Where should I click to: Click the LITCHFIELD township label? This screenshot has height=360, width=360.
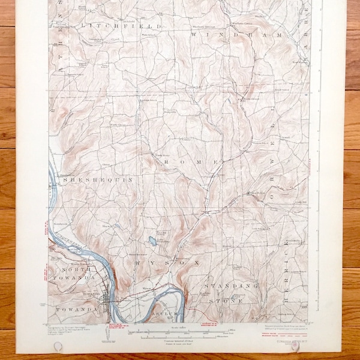tap(125, 27)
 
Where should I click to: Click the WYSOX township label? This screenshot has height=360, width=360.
tap(154, 262)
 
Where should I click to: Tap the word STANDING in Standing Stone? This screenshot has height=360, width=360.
tap(224, 287)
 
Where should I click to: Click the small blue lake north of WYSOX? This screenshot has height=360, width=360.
tap(151, 242)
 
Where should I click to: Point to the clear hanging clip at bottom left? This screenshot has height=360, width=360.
tap(58, 347)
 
